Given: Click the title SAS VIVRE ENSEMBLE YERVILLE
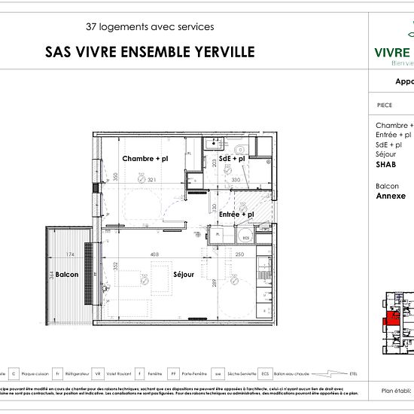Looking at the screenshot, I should (x=150, y=52).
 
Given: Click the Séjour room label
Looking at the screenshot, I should (x=183, y=275).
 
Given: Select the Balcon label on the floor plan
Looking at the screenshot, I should (x=66, y=275).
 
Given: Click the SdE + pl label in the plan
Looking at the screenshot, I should (x=232, y=159).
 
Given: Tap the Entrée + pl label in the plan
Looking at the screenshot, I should (x=236, y=215).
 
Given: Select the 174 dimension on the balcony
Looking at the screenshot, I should (x=70, y=254).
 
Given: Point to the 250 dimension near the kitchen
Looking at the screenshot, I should (x=239, y=254).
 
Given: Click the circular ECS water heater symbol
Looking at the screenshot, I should (x=245, y=238).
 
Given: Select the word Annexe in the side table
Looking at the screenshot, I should (x=391, y=195).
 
